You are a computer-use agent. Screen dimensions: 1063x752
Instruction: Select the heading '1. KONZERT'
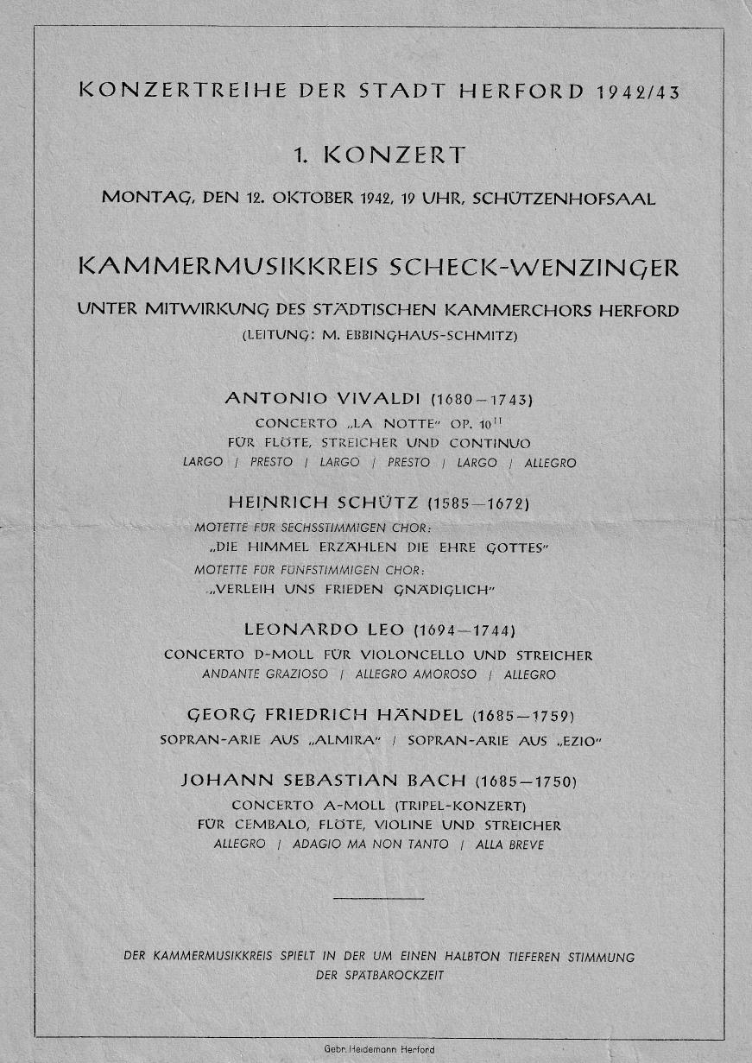tap(379, 156)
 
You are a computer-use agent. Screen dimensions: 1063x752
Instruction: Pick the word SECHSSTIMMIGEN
tap(328, 527)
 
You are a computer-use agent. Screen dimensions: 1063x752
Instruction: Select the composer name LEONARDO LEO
tap(324, 630)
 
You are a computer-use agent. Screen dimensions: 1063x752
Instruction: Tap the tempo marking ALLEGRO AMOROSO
tap(415, 674)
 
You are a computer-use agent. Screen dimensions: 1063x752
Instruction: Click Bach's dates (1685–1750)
tap(525, 781)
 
